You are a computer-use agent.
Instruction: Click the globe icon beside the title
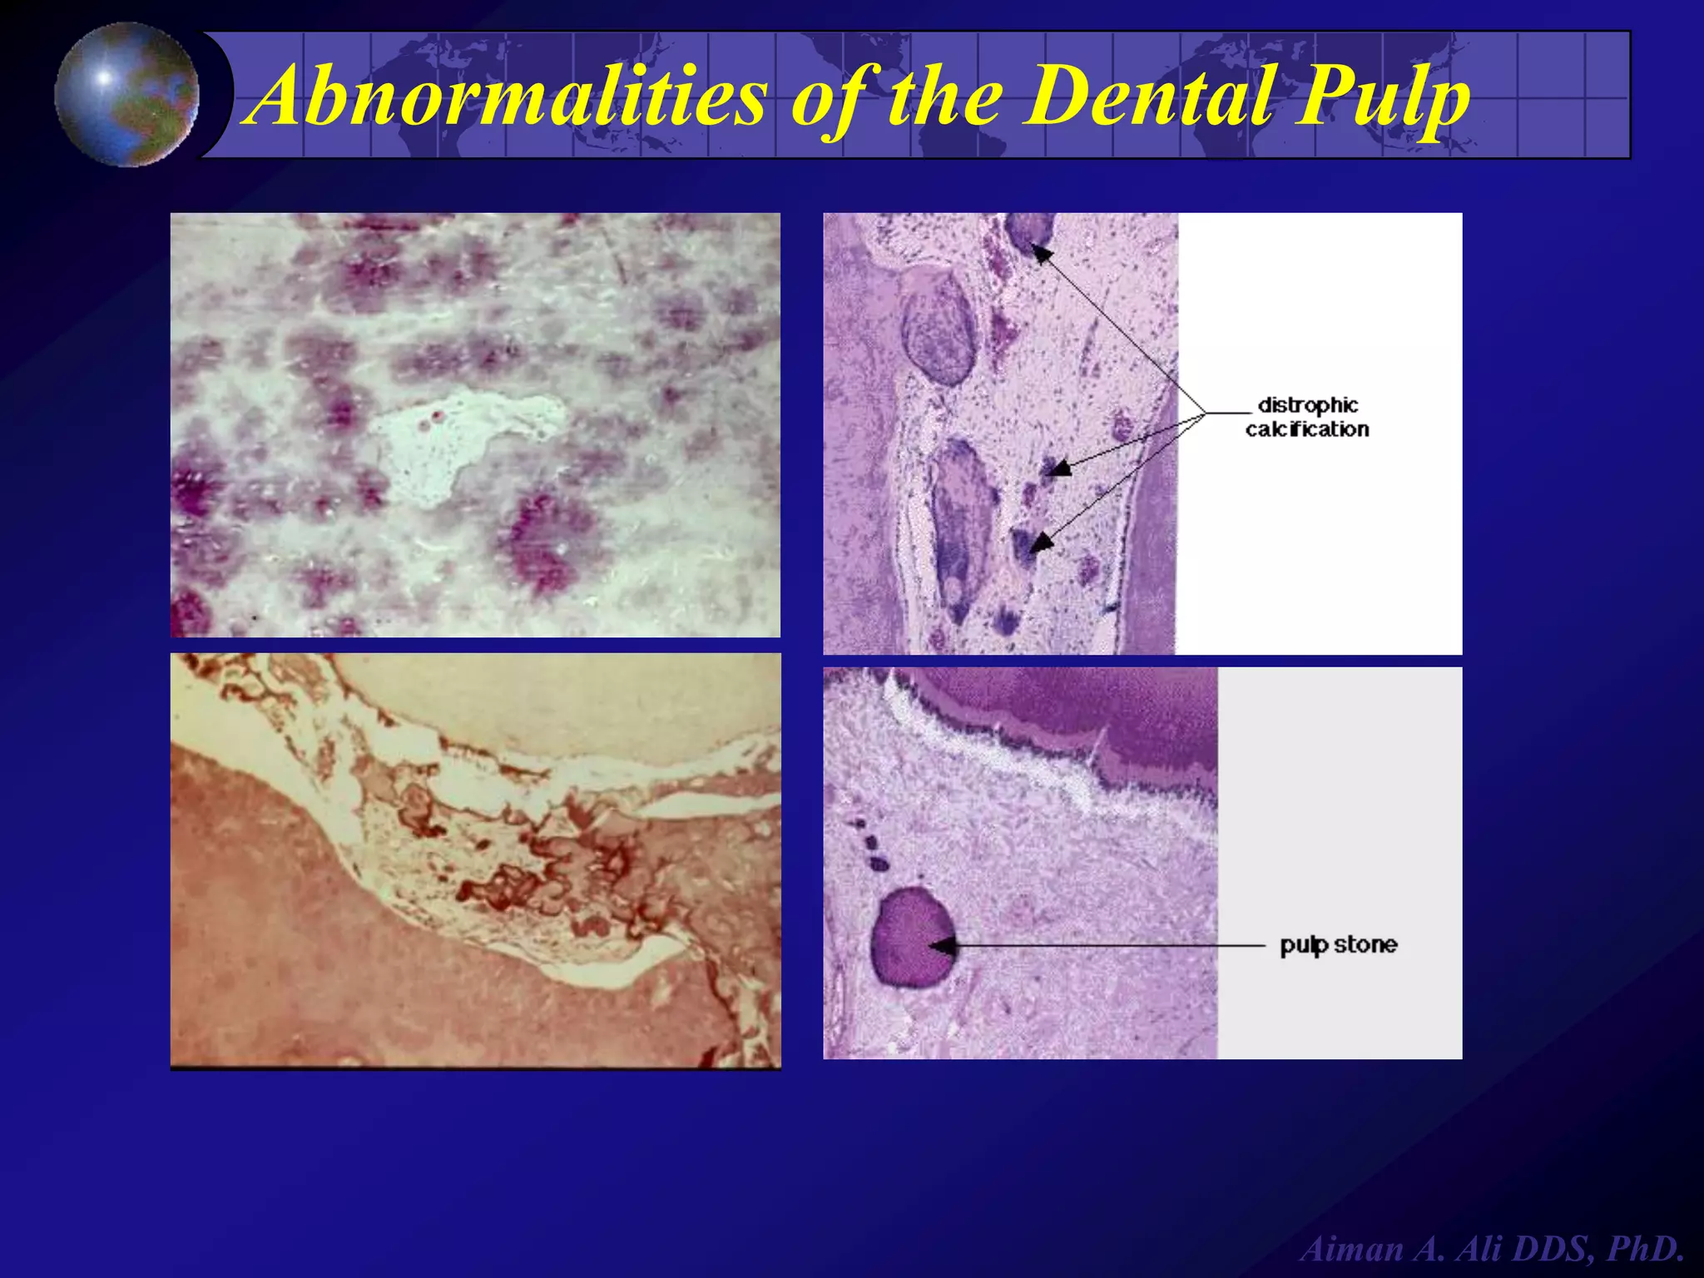click(127, 94)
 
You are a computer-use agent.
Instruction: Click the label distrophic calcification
click(1307, 417)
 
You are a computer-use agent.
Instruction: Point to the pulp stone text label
click(1338, 945)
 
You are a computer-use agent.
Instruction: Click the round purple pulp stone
click(913, 938)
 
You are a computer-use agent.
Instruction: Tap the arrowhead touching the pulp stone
click(943, 946)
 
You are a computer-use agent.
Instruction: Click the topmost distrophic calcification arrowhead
click(1042, 252)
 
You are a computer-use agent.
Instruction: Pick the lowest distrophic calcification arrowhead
click(1042, 542)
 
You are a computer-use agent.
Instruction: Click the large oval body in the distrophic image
click(939, 329)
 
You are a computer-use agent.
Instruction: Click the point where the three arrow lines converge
click(1206, 413)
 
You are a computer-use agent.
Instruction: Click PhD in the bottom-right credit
click(1646, 1249)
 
